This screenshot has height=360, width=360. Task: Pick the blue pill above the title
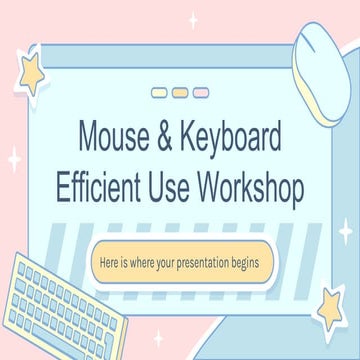tap(160, 93)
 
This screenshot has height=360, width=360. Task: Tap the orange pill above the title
tap(180, 93)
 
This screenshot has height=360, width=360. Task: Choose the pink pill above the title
tap(200, 93)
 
